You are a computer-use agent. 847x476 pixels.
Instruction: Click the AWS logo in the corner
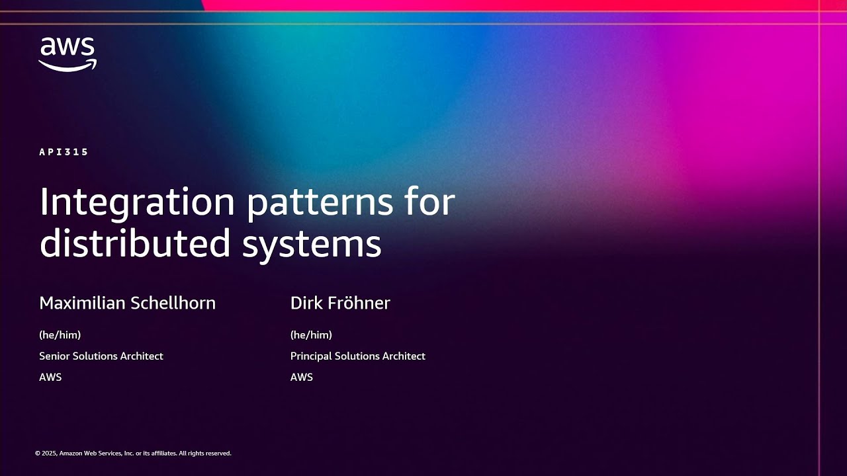pos(67,54)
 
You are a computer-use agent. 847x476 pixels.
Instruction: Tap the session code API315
pos(64,152)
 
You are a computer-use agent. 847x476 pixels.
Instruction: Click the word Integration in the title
pos(137,202)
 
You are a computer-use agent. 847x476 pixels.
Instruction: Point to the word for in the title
pos(430,202)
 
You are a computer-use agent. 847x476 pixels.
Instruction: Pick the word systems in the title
pos(312,243)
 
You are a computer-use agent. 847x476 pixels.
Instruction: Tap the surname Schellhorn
pos(175,303)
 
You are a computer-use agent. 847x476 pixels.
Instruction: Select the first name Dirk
pos(306,303)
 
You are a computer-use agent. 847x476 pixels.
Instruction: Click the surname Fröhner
pos(358,303)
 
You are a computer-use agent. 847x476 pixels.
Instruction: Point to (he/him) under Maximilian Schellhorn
pos(60,335)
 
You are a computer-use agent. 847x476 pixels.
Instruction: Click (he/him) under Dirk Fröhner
pos(311,335)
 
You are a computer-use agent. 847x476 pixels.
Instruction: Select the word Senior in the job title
pos(54,356)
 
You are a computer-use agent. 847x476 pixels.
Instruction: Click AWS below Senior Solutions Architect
pos(50,377)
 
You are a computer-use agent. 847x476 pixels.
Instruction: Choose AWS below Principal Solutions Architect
pos(302,377)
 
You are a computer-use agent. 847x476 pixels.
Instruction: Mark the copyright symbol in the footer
pos(37,454)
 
